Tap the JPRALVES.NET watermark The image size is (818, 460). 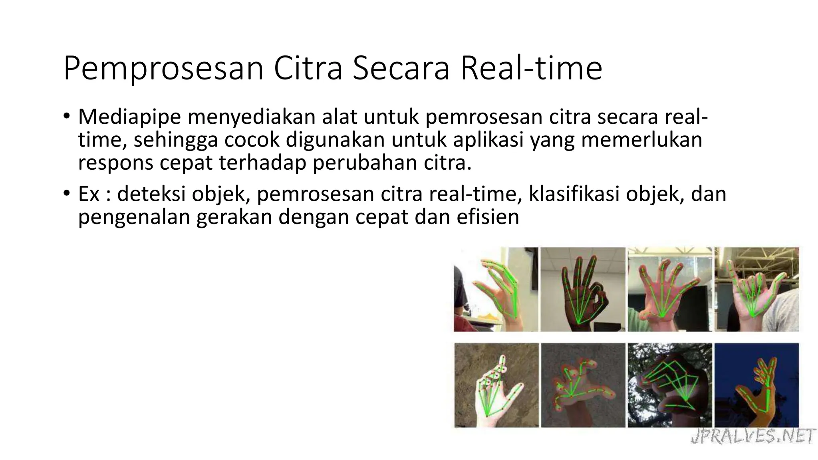752,436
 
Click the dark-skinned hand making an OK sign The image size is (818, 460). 583,289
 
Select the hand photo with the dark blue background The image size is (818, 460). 756,385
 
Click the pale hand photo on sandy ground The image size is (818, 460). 496,385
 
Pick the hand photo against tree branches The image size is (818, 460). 670,385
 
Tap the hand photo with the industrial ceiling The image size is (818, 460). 756,289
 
